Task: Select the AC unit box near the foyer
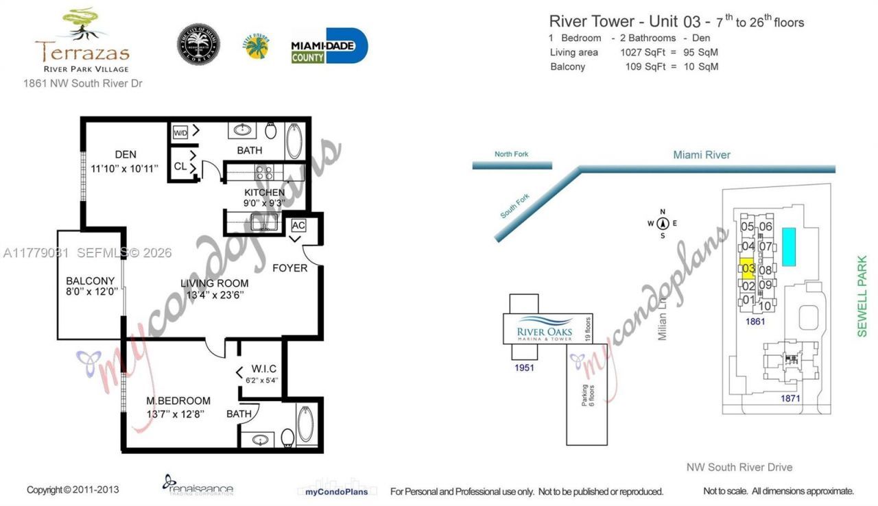click(298, 225)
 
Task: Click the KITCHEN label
click(264, 193)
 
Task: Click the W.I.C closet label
click(264, 369)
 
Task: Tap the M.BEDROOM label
click(178, 400)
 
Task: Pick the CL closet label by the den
click(180, 166)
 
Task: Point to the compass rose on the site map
click(663, 224)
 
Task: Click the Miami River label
click(701, 155)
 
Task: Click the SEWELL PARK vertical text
click(862, 296)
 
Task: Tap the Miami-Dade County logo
click(329, 47)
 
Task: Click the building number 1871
click(790, 398)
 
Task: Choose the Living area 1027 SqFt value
click(639, 53)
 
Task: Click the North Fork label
click(512, 154)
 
